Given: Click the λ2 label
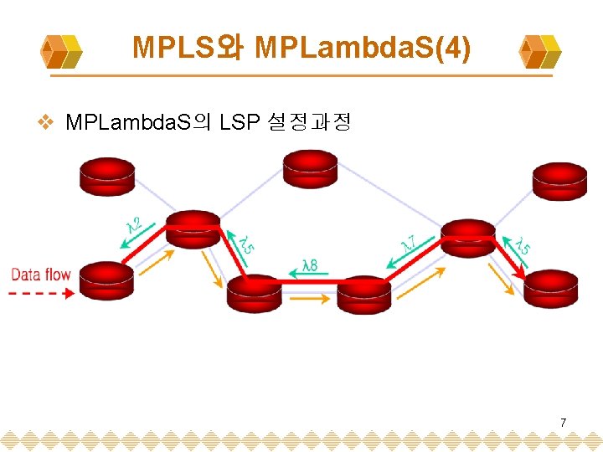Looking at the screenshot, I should (x=133, y=225).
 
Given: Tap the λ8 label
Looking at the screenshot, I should (x=308, y=265).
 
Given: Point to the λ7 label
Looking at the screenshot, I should (x=410, y=242).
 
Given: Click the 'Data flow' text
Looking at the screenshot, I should (x=40, y=275).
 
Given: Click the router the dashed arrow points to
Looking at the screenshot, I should (x=106, y=280).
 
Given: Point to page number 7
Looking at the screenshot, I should (x=563, y=423).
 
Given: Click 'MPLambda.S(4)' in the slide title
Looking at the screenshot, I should (x=363, y=49).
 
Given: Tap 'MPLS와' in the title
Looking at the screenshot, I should (x=188, y=49).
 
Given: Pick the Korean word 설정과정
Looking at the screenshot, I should (x=309, y=123).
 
